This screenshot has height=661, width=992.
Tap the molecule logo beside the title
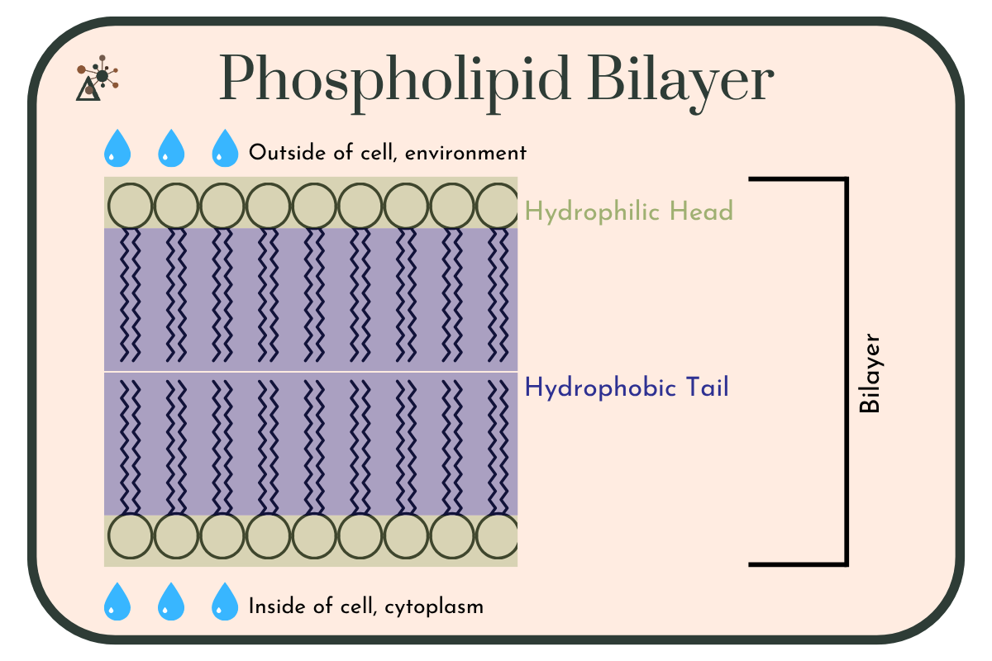(98, 78)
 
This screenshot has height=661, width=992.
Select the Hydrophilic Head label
(629, 211)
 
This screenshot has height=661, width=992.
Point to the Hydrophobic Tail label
(627, 388)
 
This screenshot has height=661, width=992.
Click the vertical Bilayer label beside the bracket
(870, 373)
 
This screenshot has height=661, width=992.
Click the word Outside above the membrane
(288, 152)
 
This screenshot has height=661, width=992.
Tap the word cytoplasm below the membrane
(434, 607)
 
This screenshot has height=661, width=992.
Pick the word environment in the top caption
(466, 153)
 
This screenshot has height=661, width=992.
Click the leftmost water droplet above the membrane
(117, 149)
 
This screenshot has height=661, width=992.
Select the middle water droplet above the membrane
(171, 149)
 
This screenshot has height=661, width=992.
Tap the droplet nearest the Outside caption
(225, 149)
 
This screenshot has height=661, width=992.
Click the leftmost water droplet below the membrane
(117, 602)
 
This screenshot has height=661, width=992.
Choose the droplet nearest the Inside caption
(225, 602)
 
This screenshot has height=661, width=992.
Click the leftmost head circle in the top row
(131, 206)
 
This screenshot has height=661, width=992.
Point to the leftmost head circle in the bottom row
(131, 535)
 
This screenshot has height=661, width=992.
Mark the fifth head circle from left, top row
(314, 206)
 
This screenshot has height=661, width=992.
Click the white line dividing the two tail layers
(311, 372)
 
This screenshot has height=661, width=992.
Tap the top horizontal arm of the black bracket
(799, 179)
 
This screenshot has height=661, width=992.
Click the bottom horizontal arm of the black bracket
(799, 564)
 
